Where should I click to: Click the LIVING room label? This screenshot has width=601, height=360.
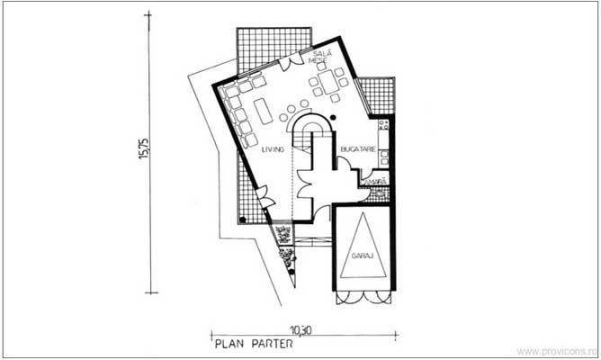(x=273, y=150)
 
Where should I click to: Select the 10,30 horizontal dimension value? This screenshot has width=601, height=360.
(x=300, y=329)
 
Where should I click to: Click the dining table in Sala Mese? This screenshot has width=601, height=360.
(x=327, y=84)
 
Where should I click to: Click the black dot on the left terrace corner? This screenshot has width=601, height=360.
(x=243, y=219)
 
